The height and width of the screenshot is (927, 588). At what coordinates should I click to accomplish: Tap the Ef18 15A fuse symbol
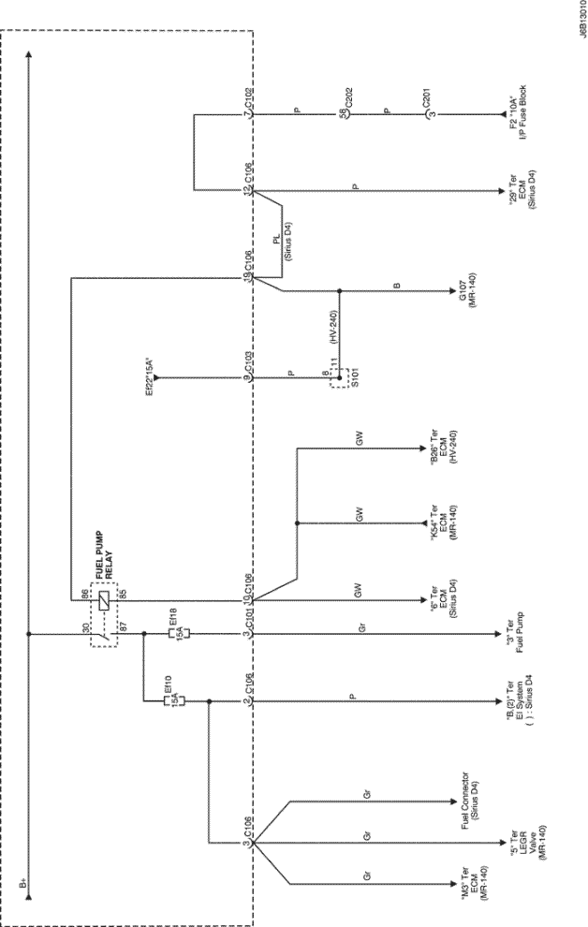click(176, 634)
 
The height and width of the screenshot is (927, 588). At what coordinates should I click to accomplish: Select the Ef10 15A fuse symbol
click(176, 699)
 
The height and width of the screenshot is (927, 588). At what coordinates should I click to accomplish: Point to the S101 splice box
click(346, 378)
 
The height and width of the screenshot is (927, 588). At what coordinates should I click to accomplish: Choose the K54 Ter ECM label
click(436, 520)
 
